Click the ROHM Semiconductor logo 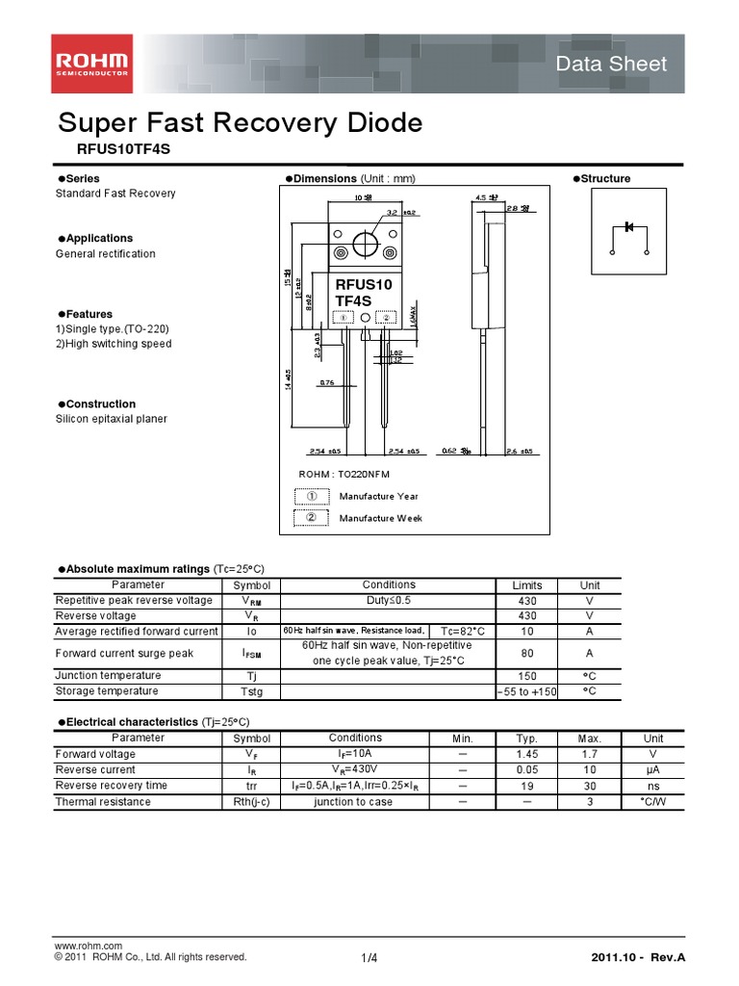[92, 65]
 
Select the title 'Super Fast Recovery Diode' [241, 123]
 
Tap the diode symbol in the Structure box [629, 227]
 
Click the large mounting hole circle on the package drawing [365, 245]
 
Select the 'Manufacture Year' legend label [378, 496]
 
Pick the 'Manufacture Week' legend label [380, 518]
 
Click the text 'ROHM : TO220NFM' [344, 474]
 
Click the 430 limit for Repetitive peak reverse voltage [527, 600]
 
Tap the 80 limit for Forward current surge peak [527, 653]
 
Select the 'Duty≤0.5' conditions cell [389, 600]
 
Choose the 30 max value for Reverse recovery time [590, 786]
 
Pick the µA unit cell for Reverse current [653, 770]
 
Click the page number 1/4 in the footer [369, 957]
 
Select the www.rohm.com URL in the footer [89, 946]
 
